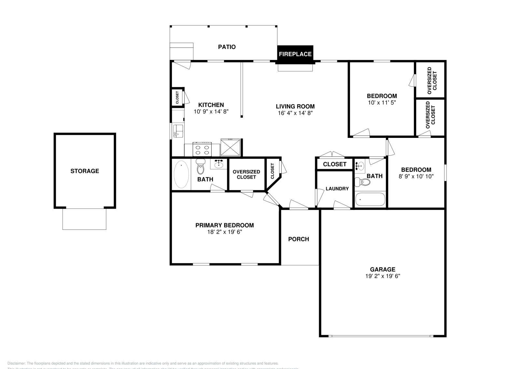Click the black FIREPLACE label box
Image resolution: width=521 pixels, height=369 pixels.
click(x=295, y=54)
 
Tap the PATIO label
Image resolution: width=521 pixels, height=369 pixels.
click(x=227, y=47)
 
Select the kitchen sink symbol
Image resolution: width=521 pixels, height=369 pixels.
click(x=178, y=131)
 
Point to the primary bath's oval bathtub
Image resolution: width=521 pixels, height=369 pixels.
click(x=181, y=174)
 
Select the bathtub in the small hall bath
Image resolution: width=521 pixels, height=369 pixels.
click(x=370, y=199)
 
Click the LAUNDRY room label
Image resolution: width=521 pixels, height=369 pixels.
click(x=337, y=189)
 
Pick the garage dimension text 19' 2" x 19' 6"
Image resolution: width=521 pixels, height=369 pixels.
click(x=382, y=276)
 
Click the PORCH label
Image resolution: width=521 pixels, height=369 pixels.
click(x=298, y=239)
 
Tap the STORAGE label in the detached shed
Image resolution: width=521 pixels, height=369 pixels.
click(x=85, y=171)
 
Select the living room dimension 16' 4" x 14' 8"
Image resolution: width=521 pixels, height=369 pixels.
click(x=295, y=113)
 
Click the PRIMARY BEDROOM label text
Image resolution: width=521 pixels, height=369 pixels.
click(x=224, y=225)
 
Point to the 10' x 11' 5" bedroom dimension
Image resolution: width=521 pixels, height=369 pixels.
click(x=382, y=102)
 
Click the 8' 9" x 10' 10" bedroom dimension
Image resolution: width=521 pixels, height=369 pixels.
click(x=416, y=176)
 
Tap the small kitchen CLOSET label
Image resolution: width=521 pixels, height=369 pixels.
click(x=177, y=97)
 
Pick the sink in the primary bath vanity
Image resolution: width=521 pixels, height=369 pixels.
click(x=218, y=165)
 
